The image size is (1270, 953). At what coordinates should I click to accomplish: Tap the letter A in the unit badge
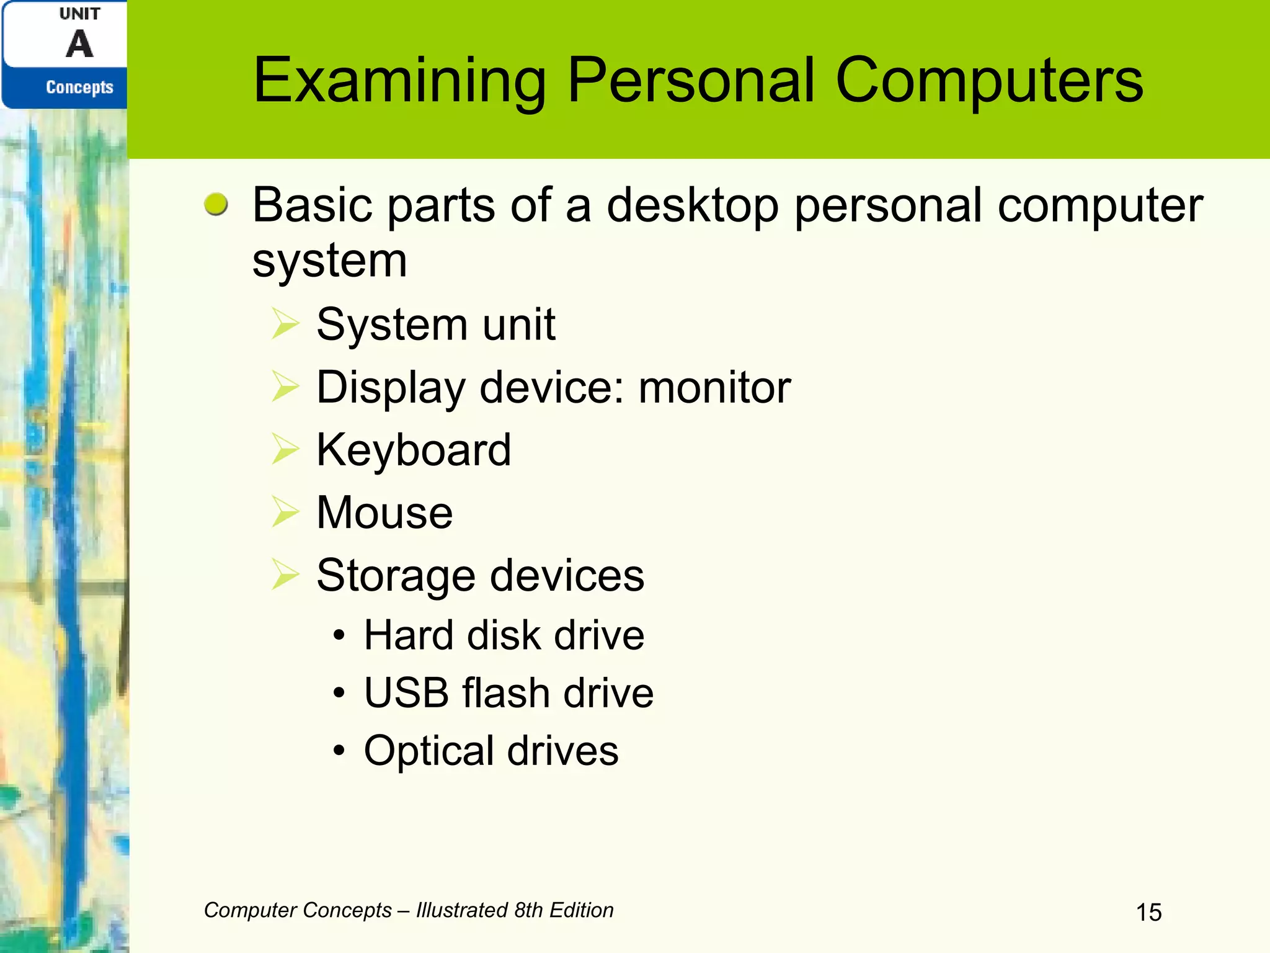pyautogui.click(x=79, y=45)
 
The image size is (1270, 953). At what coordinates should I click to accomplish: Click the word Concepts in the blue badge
pyautogui.click(x=79, y=87)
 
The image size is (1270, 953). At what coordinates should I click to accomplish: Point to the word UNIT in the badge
pyautogui.click(x=79, y=14)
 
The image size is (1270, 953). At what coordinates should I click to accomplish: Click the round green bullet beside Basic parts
pyautogui.click(x=216, y=204)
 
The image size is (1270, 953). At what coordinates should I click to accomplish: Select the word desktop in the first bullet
pyautogui.click(x=692, y=205)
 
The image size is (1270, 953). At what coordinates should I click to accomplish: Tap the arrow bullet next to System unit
pyautogui.click(x=285, y=324)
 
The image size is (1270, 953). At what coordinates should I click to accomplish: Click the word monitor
pyautogui.click(x=714, y=387)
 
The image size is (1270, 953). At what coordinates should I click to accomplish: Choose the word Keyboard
pyautogui.click(x=414, y=450)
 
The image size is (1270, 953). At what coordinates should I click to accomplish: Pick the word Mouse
pyautogui.click(x=384, y=512)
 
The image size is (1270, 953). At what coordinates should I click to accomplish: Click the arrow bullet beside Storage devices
pyautogui.click(x=285, y=575)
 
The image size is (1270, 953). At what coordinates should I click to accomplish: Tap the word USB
pyautogui.click(x=406, y=692)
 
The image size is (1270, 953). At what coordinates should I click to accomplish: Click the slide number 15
pyautogui.click(x=1148, y=913)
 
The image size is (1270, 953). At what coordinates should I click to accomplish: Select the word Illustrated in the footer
pyautogui.click(x=462, y=910)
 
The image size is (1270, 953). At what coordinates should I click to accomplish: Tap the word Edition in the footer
pyautogui.click(x=581, y=910)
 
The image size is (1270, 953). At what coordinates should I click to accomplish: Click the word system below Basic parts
pyautogui.click(x=329, y=261)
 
